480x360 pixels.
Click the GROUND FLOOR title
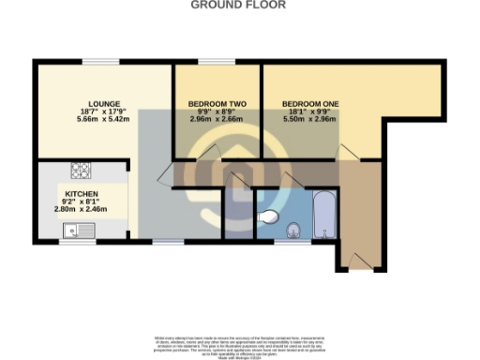(x=239, y=5)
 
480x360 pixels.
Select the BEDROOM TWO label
(x=217, y=103)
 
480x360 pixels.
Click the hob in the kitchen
(x=81, y=172)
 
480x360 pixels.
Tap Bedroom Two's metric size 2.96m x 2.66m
(x=217, y=120)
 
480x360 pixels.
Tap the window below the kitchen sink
(x=72, y=241)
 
